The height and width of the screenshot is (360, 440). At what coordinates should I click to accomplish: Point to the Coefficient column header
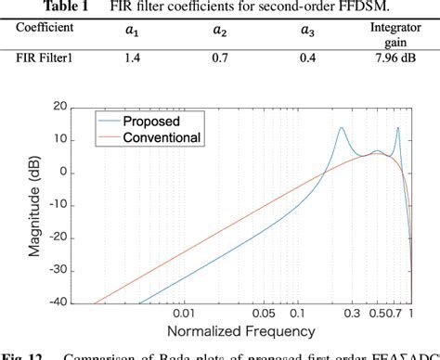tap(45, 29)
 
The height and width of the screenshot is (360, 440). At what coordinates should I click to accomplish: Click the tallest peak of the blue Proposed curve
tap(342, 128)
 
